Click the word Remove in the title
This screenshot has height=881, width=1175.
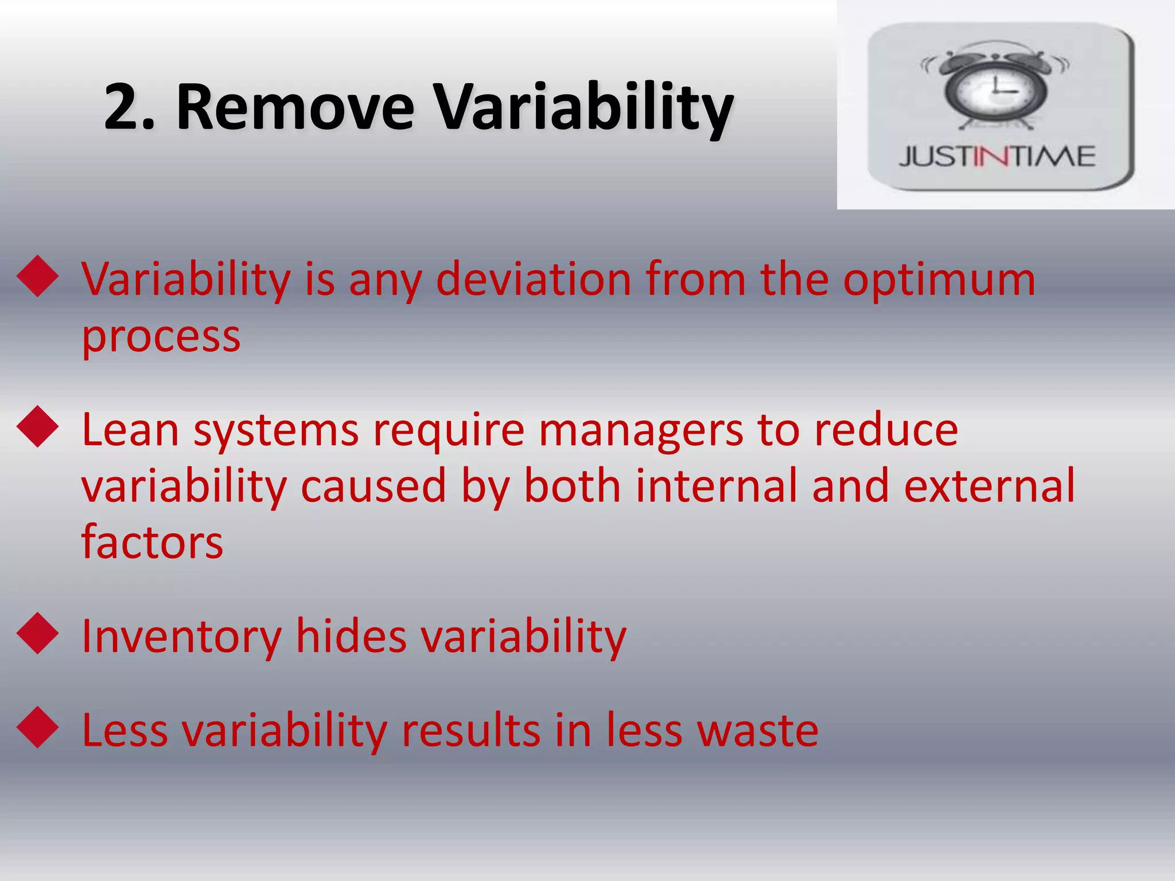[x=295, y=108]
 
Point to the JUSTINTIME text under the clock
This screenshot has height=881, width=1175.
[x=997, y=157]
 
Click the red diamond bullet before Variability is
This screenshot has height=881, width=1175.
[x=38, y=276]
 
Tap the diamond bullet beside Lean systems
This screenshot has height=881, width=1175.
[x=38, y=427]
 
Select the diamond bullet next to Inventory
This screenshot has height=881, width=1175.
[x=38, y=633]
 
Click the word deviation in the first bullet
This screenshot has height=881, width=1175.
[x=534, y=280]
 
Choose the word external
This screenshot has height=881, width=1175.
[x=989, y=486]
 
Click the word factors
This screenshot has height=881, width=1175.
[x=152, y=542]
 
